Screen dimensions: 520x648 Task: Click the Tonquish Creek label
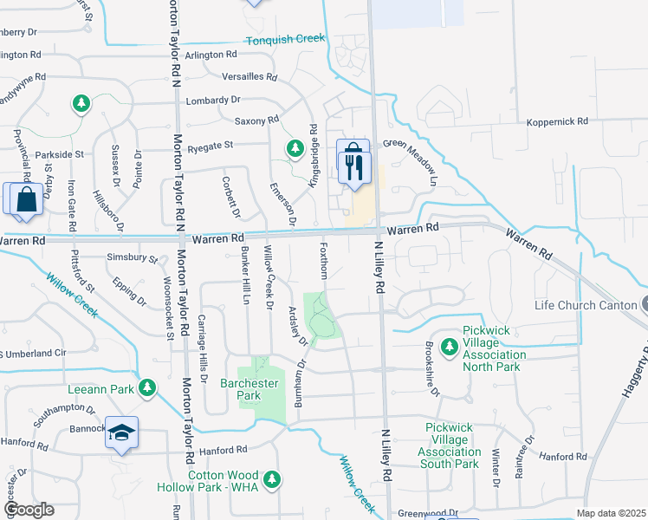coord(284,39)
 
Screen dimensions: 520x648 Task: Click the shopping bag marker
coord(26,198)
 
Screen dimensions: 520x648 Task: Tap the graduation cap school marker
coord(121,432)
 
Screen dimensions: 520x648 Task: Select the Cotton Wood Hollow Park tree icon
coord(273,479)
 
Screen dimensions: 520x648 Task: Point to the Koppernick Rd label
coord(558,121)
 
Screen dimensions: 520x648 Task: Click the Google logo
coord(29,510)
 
